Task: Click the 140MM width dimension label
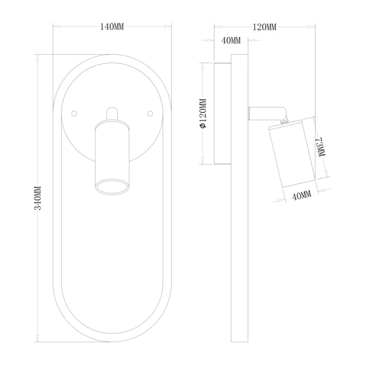click(112, 27)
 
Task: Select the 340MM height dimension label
click(38, 198)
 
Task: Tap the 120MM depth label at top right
click(265, 27)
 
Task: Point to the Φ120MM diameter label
click(203, 113)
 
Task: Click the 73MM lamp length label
click(320, 147)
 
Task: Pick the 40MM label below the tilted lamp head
click(302, 195)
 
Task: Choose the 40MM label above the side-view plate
click(231, 41)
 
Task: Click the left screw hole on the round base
click(74, 114)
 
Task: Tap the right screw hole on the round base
click(151, 114)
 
